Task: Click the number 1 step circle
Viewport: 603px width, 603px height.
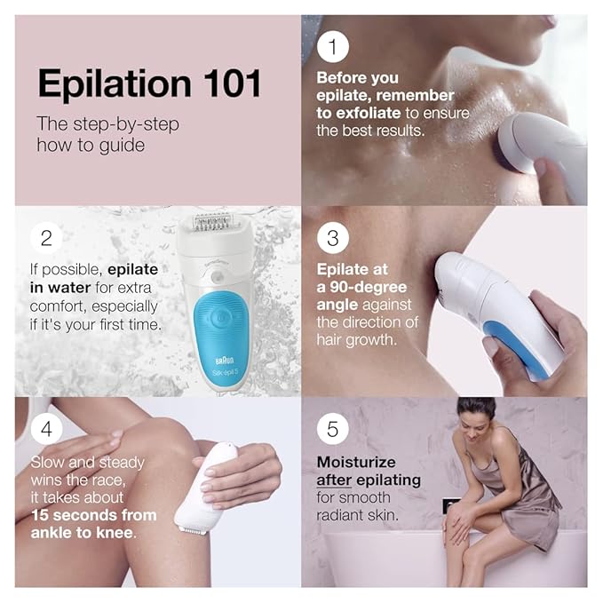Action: click(x=333, y=46)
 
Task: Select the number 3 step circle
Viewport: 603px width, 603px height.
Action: click(x=333, y=238)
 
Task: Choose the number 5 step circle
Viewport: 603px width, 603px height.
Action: click(x=333, y=429)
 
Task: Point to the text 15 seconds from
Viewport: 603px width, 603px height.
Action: click(x=93, y=515)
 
